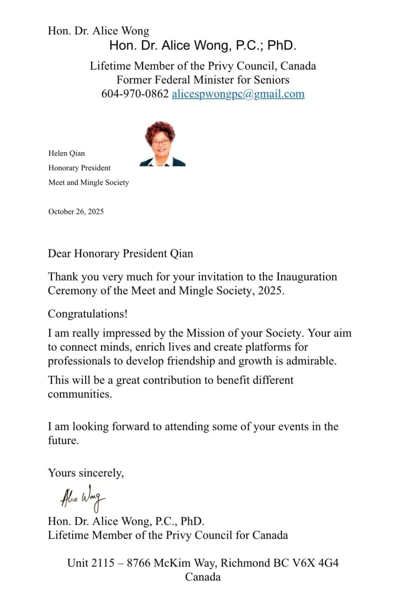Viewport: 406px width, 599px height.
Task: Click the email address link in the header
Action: coord(238,94)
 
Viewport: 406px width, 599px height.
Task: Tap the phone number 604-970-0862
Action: coord(135,94)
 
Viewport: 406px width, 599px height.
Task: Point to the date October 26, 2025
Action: coord(76,211)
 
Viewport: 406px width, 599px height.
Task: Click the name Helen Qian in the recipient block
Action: coord(67,153)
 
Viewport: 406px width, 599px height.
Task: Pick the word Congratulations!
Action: coord(88,314)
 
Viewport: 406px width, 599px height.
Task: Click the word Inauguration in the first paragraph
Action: coord(306,277)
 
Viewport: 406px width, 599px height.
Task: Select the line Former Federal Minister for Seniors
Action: coord(203,80)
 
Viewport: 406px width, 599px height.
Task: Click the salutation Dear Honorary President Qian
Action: coord(120,253)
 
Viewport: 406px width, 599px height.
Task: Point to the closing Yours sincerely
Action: coord(86,473)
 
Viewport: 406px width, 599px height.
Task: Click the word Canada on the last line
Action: coord(203,577)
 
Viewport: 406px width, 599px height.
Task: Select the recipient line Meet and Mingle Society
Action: coord(89,183)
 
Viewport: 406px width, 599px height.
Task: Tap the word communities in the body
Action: coord(80,394)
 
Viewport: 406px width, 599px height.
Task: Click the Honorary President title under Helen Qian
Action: coord(79,168)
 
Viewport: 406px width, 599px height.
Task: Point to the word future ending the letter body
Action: coord(63,440)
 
